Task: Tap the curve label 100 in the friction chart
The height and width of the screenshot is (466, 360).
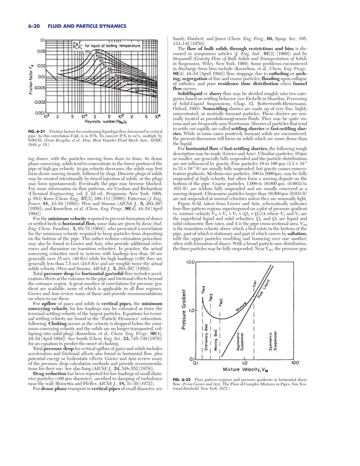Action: point(87,51)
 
